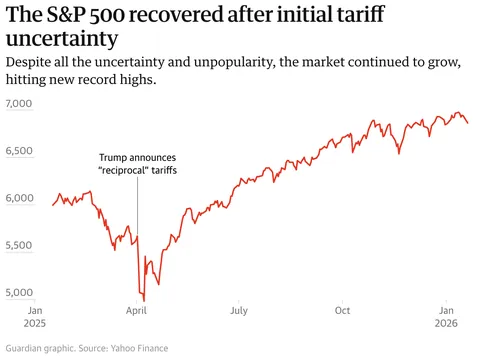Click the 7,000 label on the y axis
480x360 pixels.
[x=19, y=104]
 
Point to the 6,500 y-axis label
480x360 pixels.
[x=19, y=151]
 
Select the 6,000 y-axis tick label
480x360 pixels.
[x=19, y=198]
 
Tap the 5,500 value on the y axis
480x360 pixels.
[x=19, y=245]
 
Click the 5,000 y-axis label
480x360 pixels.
[x=19, y=293]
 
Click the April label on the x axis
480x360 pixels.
[x=137, y=311]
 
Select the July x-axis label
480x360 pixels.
[x=239, y=311]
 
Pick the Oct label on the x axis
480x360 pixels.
[x=342, y=311]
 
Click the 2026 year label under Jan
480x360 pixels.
[x=446, y=324]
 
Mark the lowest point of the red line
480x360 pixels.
[x=144, y=300]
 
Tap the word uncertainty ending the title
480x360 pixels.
[x=59, y=40]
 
